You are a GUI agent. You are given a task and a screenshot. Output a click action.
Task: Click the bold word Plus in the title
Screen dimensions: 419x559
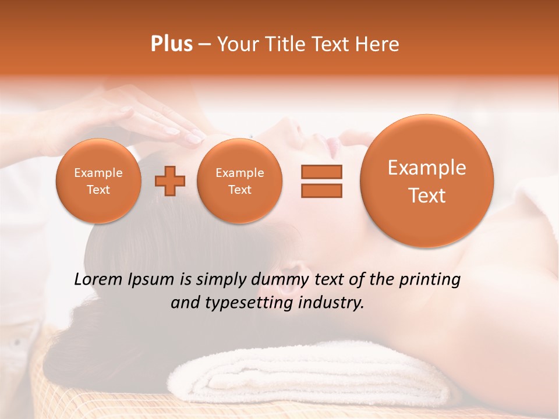(172, 44)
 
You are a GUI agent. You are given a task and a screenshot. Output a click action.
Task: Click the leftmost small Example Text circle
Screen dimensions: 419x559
(98, 181)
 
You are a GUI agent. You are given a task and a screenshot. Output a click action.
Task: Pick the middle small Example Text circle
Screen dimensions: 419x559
(240, 181)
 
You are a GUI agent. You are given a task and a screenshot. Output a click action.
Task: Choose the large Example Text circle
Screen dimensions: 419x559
(427, 181)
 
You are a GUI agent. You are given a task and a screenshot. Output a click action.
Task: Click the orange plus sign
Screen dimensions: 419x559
(170, 181)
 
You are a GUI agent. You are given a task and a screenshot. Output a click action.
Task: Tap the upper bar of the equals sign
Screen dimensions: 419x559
(321, 172)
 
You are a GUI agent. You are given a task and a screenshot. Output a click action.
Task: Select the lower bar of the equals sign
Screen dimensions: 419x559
(321, 190)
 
